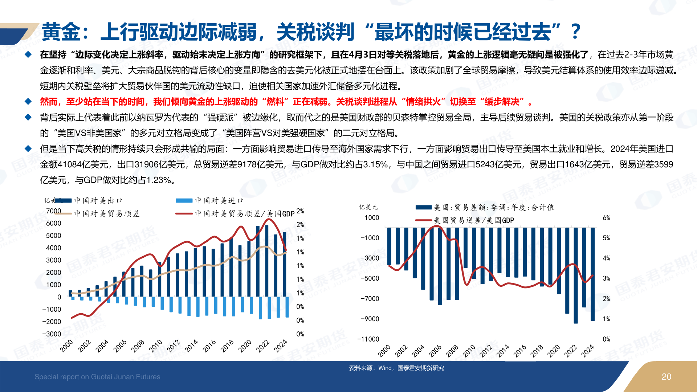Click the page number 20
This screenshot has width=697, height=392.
coord(666,377)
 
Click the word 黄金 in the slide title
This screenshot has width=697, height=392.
coord(61,32)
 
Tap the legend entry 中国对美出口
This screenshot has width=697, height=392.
coord(98,200)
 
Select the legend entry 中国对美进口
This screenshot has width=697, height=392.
coord(219,200)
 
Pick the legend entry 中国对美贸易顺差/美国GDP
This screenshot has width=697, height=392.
coord(244,214)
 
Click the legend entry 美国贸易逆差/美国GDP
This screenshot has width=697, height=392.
coord(474,220)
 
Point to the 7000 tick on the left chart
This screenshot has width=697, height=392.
coord(53,211)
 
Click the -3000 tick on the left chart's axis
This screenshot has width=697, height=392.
coord(52,334)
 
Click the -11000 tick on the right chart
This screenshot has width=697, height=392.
coord(368,339)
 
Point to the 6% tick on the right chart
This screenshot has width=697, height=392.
coord(606,218)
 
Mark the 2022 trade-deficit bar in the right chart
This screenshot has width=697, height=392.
coord(576,276)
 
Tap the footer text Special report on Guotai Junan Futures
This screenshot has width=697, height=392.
coord(97,377)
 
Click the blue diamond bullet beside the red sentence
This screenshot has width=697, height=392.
coord(28,102)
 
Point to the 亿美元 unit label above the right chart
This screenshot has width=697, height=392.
coord(368,207)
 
